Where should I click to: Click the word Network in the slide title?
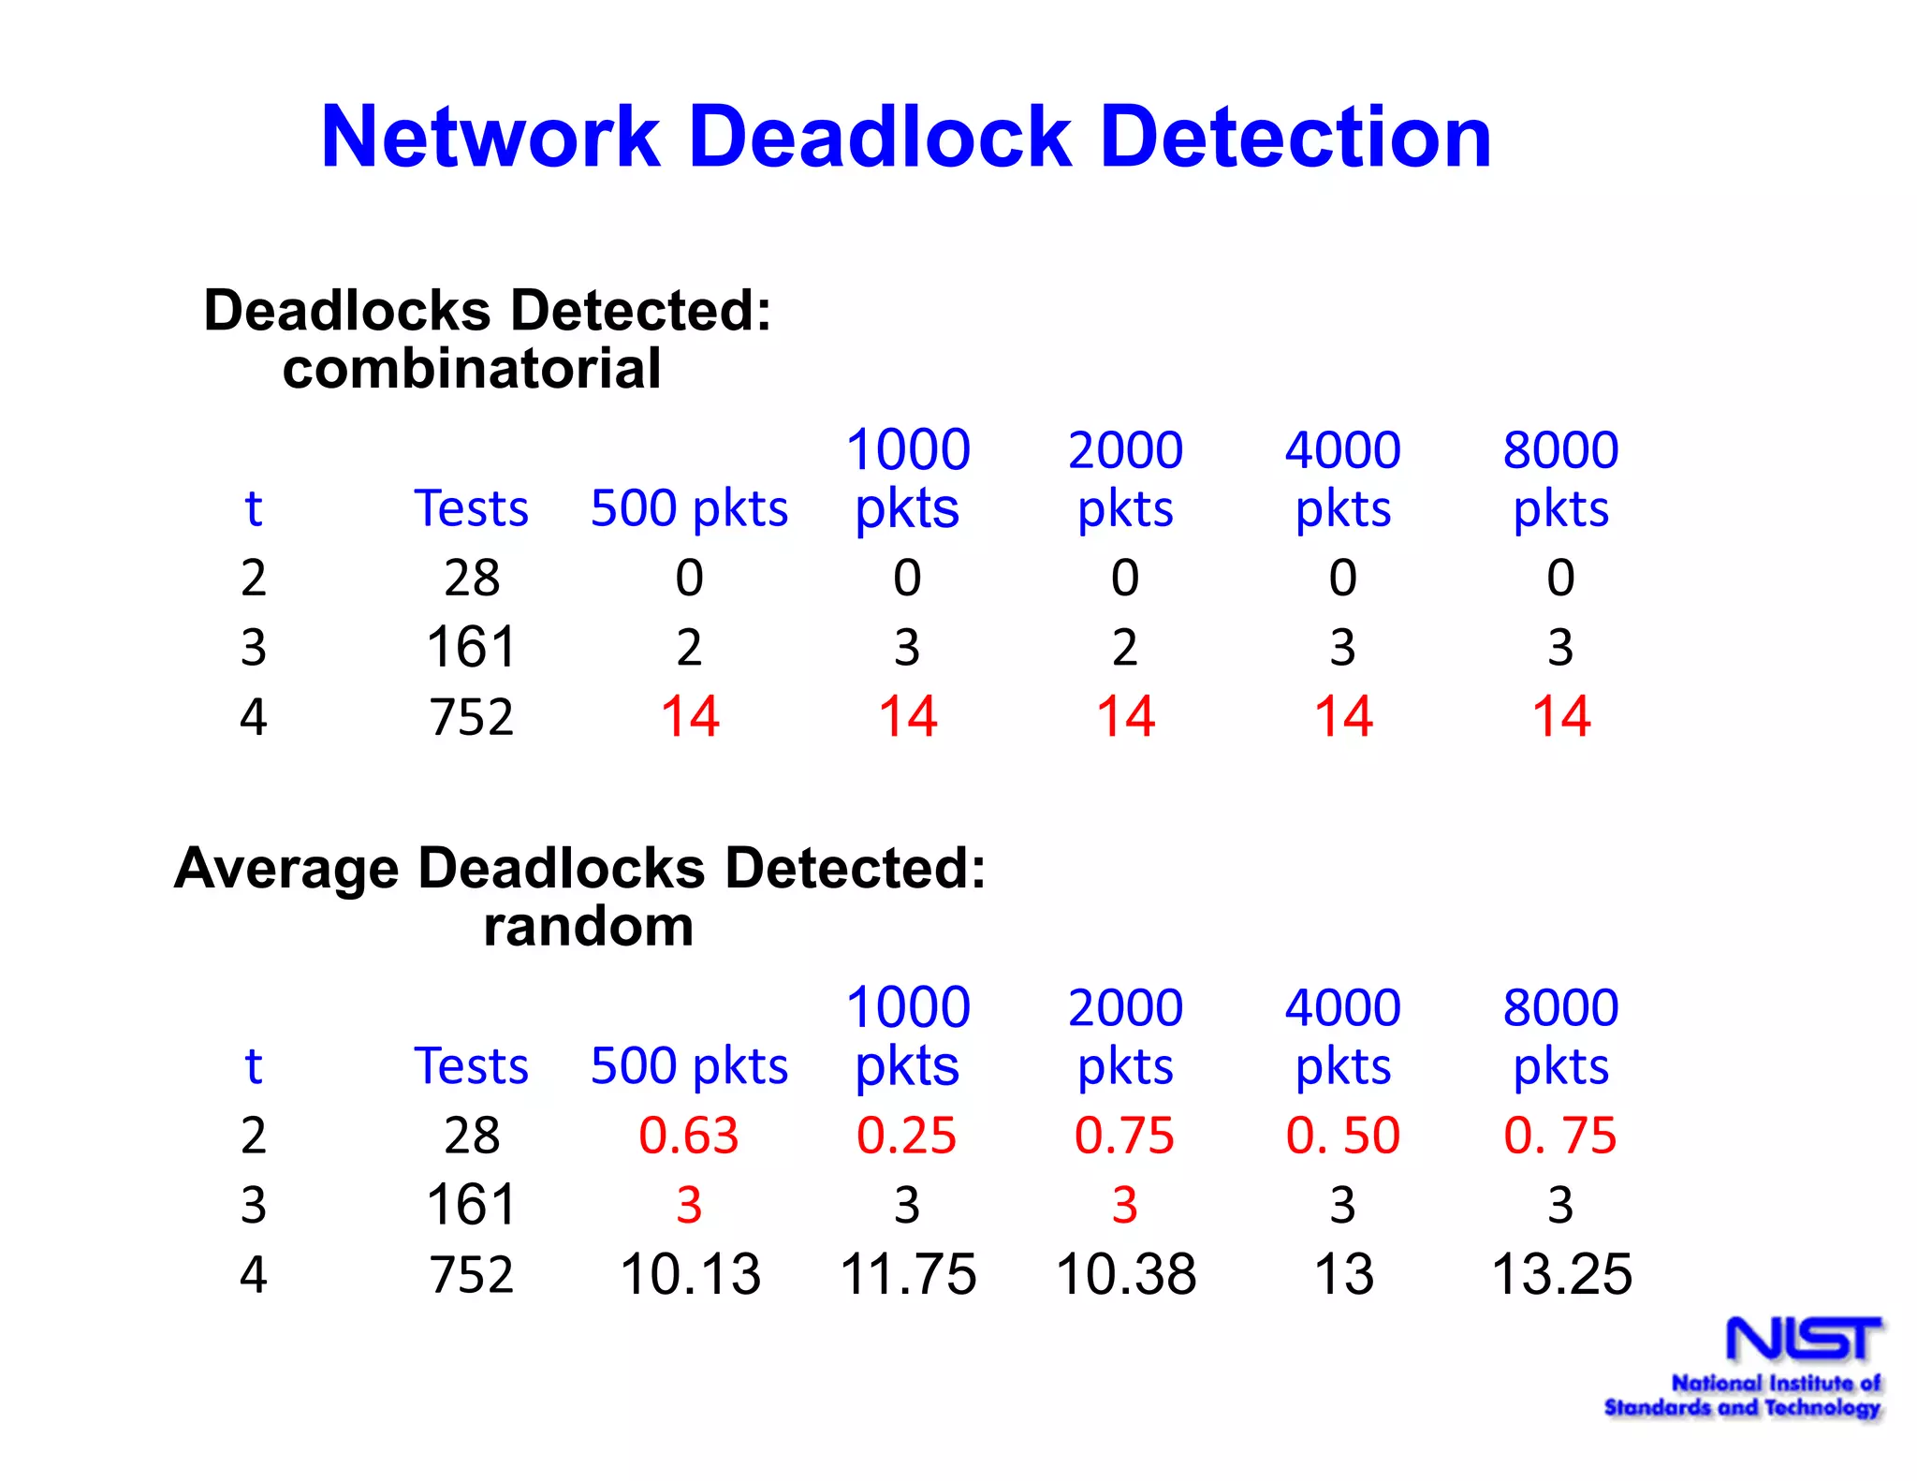(490, 138)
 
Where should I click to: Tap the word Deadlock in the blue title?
(879, 138)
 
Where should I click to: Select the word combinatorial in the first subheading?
(472, 368)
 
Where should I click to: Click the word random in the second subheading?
(589, 926)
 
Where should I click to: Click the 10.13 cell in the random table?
(691, 1274)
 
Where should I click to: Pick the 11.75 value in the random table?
(908, 1274)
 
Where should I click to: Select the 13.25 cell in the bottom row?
(1561, 1274)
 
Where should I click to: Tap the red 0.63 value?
(689, 1136)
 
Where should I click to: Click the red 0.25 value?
(907, 1136)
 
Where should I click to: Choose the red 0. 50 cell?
(1343, 1136)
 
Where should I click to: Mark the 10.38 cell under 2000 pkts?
(1126, 1274)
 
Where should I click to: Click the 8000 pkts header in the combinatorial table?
(1560, 479)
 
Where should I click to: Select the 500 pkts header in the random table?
(690, 1065)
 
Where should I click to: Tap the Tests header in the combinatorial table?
(472, 508)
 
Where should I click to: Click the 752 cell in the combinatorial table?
(472, 717)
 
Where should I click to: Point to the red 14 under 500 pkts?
(690, 717)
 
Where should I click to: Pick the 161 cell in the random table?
(472, 1205)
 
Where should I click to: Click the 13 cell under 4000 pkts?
(1344, 1274)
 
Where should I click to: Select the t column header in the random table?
(253, 1065)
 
